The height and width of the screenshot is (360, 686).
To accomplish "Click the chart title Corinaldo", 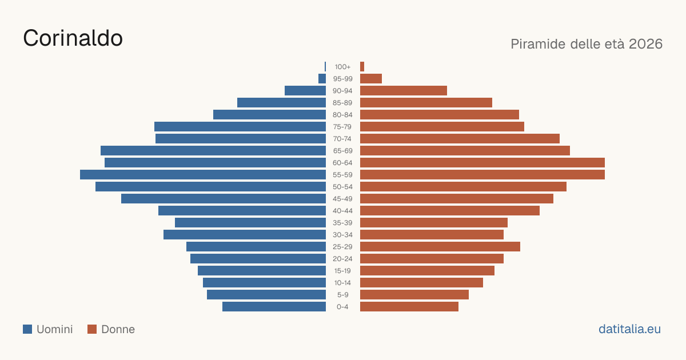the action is click(x=73, y=38).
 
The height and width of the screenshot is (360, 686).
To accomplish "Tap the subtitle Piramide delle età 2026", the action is click(x=587, y=44).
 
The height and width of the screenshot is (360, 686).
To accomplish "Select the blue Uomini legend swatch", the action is click(x=27, y=329).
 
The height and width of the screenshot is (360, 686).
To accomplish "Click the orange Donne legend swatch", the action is click(x=92, y=329).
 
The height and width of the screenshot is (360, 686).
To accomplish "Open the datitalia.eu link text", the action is click(x=629, y=329).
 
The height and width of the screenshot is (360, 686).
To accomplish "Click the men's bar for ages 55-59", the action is click(x=203, y=174).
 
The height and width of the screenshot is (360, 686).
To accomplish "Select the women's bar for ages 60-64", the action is click(x=482, y=162).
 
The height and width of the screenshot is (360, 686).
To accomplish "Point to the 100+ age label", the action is click(x=342, y=67).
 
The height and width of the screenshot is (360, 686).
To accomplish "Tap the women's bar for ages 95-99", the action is click(x=371, y=79).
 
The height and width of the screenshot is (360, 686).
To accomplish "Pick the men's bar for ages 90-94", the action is click(x=305, y=91).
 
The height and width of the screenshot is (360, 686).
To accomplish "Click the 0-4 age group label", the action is click(x=342, y=307).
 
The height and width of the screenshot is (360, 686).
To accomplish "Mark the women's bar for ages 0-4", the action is click(x=409, y=307).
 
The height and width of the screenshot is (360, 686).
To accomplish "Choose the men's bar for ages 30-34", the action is click(x=245, y=234).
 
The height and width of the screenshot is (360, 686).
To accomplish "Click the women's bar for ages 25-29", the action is click(x=440, y=247).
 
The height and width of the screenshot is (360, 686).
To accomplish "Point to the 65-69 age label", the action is click(x=342, y=151).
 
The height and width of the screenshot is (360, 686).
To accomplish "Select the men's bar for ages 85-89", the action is click(x=281, y=102).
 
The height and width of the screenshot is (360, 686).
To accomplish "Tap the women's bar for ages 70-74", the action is click(x=460, y=139).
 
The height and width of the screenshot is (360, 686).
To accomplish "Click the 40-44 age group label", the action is click(x=342, y=211).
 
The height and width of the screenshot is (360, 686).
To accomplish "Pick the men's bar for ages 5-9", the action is click(x=266, y=294).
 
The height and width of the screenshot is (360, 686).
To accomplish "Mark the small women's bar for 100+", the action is click(x=362, y=67).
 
